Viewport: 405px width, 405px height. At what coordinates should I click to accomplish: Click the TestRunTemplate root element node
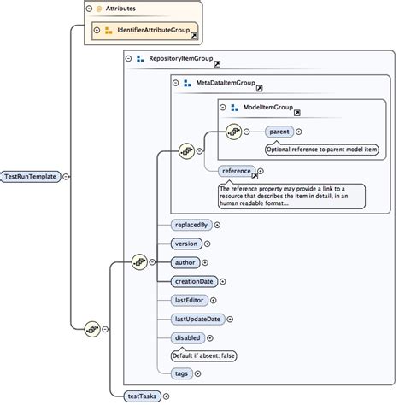click(31, 177)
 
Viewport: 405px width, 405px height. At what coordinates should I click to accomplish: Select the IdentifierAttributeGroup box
click(144, 32)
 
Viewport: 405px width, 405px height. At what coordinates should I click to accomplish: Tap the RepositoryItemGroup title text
click(179, 60)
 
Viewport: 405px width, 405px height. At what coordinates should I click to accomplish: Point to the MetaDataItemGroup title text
click(225, 84)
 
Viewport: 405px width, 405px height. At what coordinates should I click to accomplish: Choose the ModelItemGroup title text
click(268, 109)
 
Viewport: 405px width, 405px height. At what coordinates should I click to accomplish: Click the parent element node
click(279, 132)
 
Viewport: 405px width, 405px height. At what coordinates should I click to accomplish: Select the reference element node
click(235, 171)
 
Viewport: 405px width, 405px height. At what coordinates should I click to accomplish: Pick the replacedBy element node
click(191, 225)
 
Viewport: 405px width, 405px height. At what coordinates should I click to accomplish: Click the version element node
click(186, 244)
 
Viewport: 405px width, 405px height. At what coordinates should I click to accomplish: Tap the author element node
click(185, 262)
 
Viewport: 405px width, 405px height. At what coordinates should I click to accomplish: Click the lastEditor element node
click(190, 300)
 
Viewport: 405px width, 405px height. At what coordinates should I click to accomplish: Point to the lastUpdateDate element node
click(197, 319)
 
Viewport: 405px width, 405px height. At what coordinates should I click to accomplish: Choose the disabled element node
click(188, 337)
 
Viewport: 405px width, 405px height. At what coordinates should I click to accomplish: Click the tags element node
click(181, 373)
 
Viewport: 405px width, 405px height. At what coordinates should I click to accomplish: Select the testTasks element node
click(141, 396)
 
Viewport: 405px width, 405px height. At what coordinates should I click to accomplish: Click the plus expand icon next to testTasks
click(166, 396)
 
